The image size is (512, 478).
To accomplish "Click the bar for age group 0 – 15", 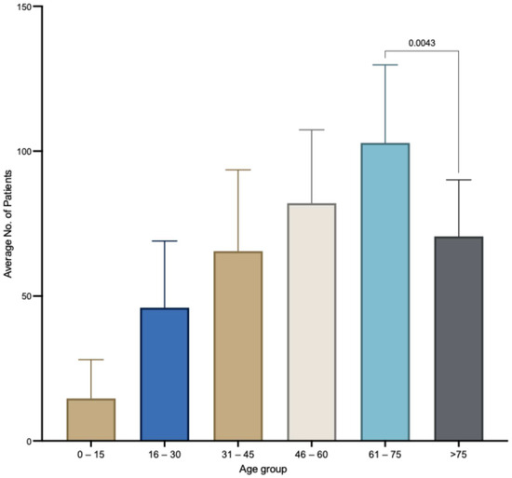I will [x=91, y=419].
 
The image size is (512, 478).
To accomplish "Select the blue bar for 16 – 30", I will [x=165, y=374].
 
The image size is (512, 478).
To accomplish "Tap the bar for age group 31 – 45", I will [x=238, y=346].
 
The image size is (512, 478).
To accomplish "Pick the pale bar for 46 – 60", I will [x=312, y=321].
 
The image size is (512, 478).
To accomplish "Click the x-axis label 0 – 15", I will [x=91, y=457].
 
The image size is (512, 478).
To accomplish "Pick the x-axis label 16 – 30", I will [x=165, y=457].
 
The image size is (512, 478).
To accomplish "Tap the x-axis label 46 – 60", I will [x=312, y=457].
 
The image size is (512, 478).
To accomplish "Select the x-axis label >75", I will [x=459, y=457].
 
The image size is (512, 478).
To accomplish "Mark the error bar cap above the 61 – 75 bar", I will [x=385, y=65].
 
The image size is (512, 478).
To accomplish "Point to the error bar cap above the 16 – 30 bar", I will [x=165, y=241].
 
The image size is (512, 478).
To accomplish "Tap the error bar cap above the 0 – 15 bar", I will [x=91, y=360].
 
